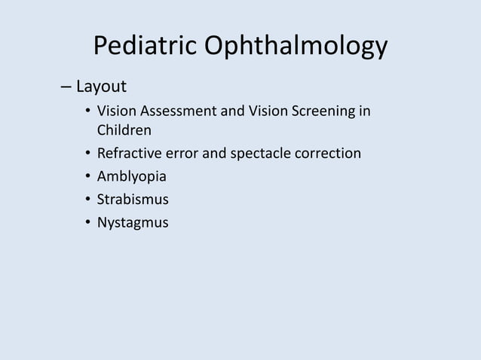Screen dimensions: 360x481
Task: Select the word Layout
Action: pyautogui.click(x=101, y=85)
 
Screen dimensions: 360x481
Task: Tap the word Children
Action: pyautogui.click(x=124, y=131)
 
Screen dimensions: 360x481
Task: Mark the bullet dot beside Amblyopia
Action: pyautogui.click(x=87, y=178)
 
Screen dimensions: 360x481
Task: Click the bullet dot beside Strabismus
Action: pyautogui.click(x=87, y=200)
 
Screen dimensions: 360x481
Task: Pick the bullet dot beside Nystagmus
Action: pyautogui.click(x=87, y=223)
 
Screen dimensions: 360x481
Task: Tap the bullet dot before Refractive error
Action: pyautogui.click(x=87, y=154)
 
